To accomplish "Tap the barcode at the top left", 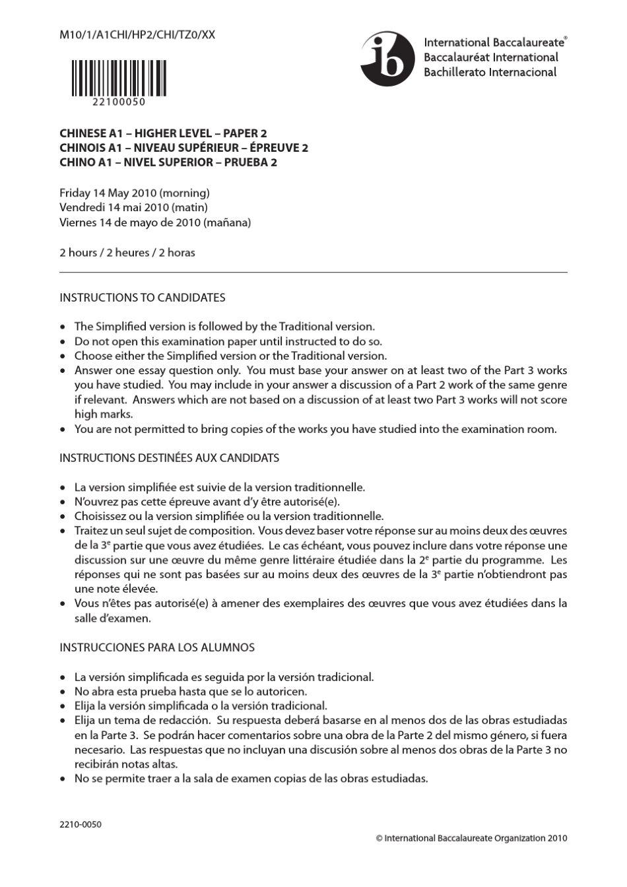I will click(119, 78).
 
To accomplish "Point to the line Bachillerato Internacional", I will click(490, 73).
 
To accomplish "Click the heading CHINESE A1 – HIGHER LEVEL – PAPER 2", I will click(163, 133).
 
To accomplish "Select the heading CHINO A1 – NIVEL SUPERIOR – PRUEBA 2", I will click(168, 162).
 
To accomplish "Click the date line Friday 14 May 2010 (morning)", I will click(135, 193).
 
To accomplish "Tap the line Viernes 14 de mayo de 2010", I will click(155, 222).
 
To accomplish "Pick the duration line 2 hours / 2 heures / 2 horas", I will click(127, 253).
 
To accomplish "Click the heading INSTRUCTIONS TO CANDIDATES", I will click(143, 298).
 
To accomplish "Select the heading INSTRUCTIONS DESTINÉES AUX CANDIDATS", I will click(169, 458).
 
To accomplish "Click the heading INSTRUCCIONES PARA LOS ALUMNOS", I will click(157, 648).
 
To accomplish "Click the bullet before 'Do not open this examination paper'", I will click(63, 342).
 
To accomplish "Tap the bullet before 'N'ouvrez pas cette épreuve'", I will click(63, 502).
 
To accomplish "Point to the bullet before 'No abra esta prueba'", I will click(63, 692).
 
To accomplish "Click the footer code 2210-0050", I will click(81, 824).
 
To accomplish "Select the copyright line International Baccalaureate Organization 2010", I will click(471, 839).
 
